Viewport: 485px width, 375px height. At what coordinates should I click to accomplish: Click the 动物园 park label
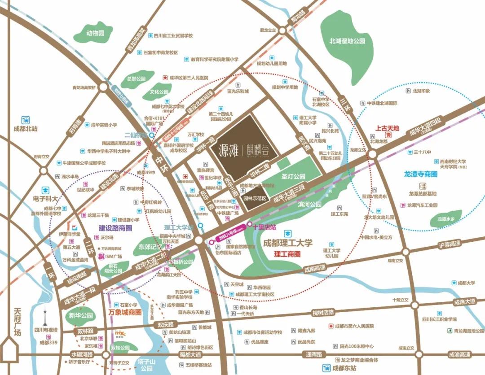point(95,33)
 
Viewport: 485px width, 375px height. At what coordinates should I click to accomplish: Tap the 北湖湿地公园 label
point(347,41)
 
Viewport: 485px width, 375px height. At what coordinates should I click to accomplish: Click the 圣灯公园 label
point(293,176)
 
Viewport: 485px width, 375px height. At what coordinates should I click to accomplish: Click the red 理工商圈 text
point(287,253)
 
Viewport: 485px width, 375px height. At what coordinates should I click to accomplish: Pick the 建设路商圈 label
point(115,228)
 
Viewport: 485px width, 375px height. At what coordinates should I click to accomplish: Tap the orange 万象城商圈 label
point(125,312)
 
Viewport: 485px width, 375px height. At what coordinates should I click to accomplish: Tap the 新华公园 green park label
point(81,316)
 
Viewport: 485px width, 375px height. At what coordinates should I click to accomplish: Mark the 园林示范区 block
point(255,198)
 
